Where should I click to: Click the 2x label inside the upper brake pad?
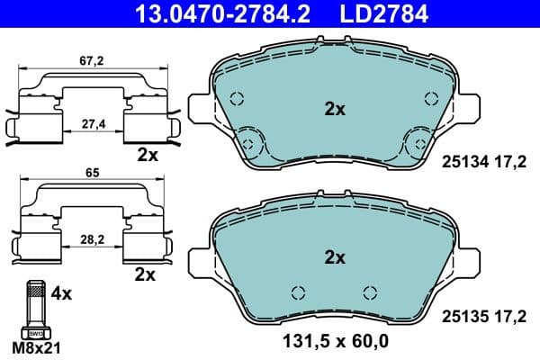[x=335, y=109]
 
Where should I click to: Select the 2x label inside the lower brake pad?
[x=335, y=257]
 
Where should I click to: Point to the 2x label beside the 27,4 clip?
[x=147, y=155]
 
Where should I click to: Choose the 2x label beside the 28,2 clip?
[x=144, y=272]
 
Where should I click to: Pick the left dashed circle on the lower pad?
[x=299, y=292]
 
